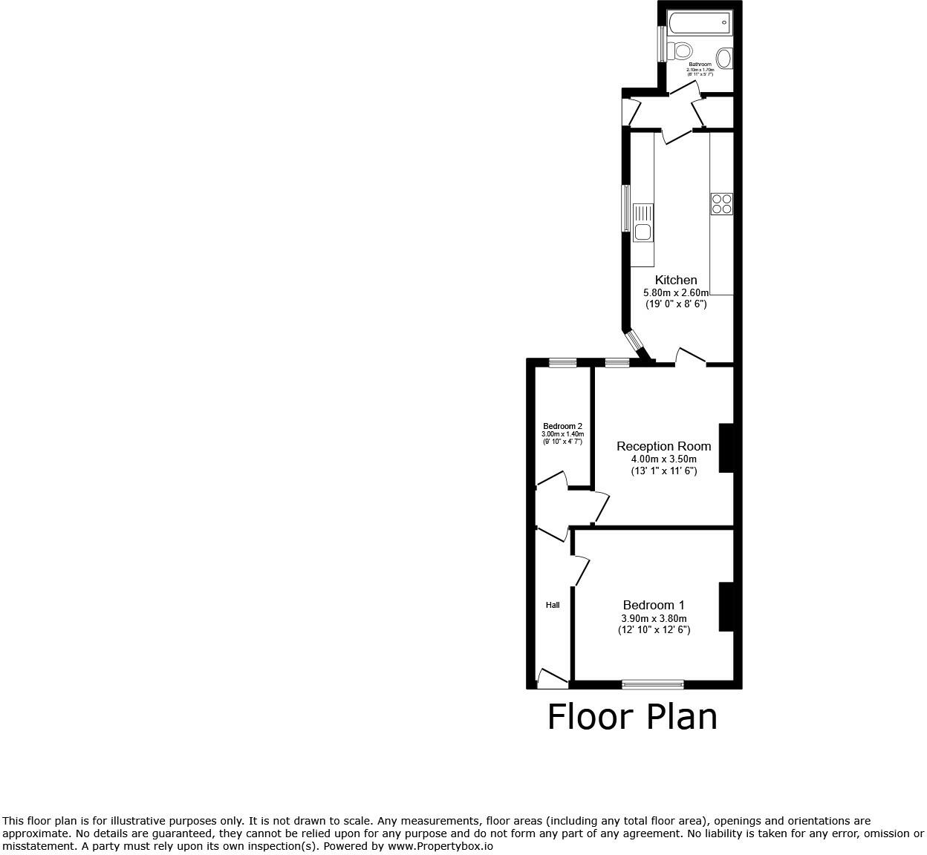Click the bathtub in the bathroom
700,23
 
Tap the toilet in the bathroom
680,51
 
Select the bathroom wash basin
724,57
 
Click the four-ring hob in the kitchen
721,203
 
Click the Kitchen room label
676,280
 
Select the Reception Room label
663,446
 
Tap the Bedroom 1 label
654,605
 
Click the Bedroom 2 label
562,426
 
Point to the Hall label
553,605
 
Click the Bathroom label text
700,65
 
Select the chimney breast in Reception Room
726,448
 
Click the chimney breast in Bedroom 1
726,606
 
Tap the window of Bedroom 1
653,684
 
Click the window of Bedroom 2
562,363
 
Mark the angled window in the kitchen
635,341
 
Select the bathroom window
660,45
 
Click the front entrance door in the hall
552,678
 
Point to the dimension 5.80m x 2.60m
676,293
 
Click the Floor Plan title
632,717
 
